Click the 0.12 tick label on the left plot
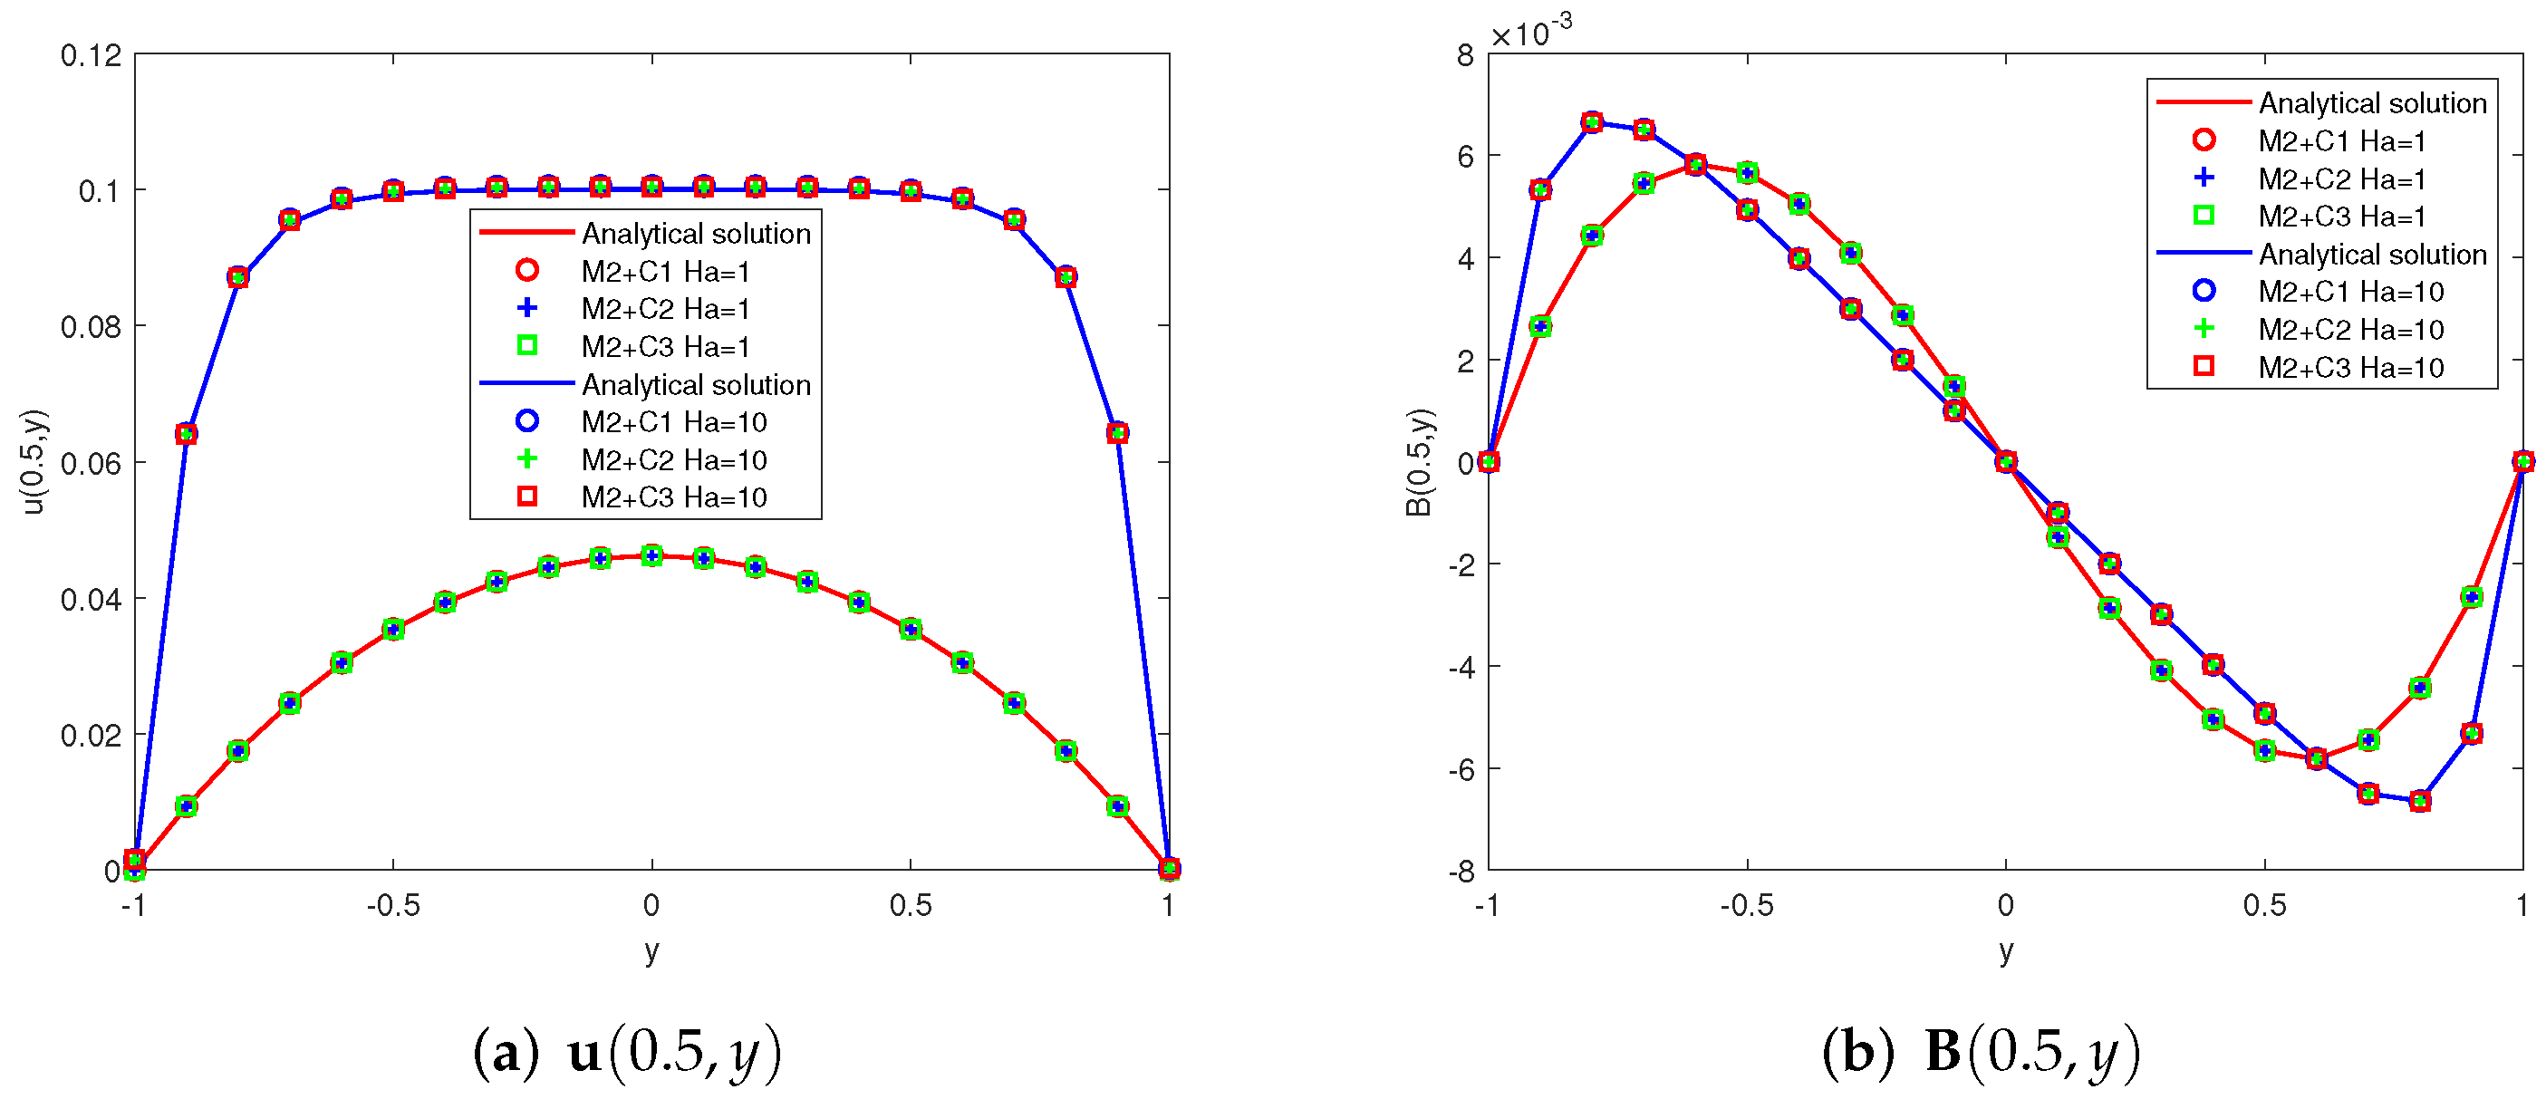tap(91, 56)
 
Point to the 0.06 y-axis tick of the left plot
tap(91, 464)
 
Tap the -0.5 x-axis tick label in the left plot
tap(392, 905)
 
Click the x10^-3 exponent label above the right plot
tap(1530, 33)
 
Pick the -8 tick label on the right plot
tap(1461, 872)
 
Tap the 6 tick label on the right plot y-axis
tap(1466, 156)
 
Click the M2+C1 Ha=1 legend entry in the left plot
tap(664, 272)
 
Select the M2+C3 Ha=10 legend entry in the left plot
tap(673, 497)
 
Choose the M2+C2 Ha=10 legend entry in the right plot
tap(2350, 329)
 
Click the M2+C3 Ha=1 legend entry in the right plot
tap(2341, 217)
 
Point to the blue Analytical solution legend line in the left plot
tap(526, 383)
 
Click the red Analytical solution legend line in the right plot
tap(2202, 101)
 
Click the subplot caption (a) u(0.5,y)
tap(628, 1052)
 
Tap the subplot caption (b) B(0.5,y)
tap(1981, 1052)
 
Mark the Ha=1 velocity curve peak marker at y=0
tap(651, 555)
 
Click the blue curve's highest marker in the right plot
tap(1591, 122)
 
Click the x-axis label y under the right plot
tap(2005, 950)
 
